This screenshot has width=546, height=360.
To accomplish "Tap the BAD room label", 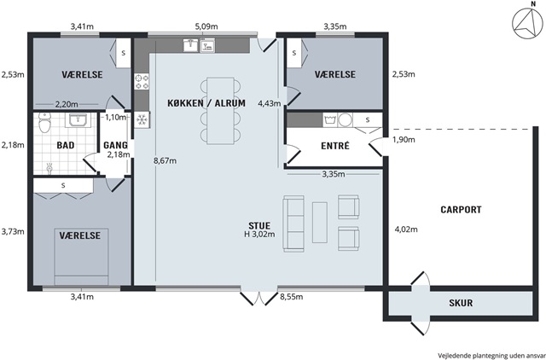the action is click(66, 145).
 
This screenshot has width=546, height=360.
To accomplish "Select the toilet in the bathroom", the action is click(44, 122).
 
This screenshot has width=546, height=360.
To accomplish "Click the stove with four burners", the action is click(142, 82).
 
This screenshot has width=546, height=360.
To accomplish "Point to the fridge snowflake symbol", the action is click(142, 119).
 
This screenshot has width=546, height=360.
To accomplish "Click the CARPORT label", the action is click(461, 210).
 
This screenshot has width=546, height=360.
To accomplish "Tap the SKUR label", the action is click(461, 303).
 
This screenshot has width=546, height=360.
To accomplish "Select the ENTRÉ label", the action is click(335, 146).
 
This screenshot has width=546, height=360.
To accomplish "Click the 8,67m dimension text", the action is click(165, 161).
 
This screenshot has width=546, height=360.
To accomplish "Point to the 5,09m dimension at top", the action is click(206, 26).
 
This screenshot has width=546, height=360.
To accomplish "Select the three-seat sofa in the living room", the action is click(293, 224).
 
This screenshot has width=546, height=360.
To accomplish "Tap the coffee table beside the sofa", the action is click(320, 223).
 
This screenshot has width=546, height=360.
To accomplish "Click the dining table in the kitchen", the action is click(220, 111).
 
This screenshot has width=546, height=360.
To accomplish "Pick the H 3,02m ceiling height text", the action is click(259, 235).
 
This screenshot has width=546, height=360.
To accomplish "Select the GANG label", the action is click(115, 145).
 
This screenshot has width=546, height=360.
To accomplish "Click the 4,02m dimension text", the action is click(406, 229).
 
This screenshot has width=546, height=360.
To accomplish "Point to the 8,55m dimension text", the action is click(292, 297).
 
